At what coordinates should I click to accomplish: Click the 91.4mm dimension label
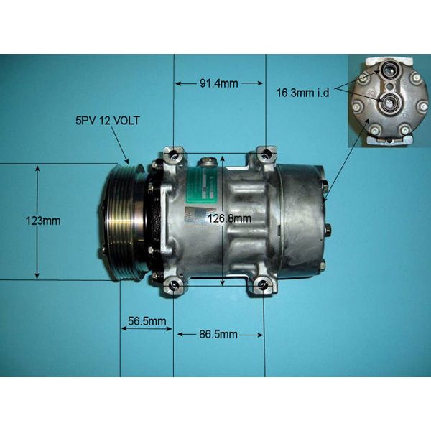tap(218, 84)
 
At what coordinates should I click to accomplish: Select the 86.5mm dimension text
tap(218, 335)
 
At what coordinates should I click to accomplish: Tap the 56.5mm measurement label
tap(147, 320)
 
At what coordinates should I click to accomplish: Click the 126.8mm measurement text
tap(229, 218)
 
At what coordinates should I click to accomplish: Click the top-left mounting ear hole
tap(172, 154)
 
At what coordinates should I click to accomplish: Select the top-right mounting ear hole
tap(267, 154)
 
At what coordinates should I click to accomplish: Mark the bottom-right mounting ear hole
tap(263, 286)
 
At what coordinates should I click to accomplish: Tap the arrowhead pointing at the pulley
tap(127, 159)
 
